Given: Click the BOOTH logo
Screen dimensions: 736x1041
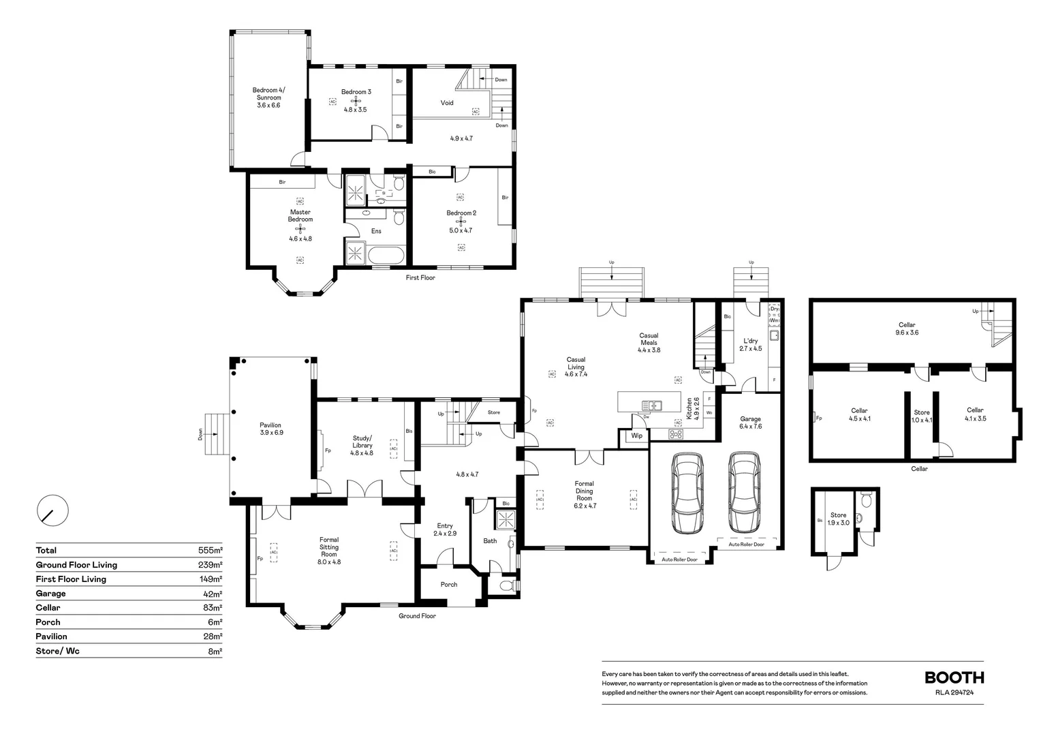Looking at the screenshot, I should pos(954,677).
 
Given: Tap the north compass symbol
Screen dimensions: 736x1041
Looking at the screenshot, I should pos(52,510).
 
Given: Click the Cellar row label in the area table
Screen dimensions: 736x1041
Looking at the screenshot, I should pos(48,608).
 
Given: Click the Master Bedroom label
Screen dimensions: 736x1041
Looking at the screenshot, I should pos(300,215).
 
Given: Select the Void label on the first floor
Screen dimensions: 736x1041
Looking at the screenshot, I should pos(447,103).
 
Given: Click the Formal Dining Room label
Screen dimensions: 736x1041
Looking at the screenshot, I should pos(584,491).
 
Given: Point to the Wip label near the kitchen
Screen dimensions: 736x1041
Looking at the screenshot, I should pos(636,436).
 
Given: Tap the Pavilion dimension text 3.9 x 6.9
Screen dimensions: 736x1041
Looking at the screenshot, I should pos(270,433).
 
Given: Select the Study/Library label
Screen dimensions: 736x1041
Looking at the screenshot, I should pos(362,442).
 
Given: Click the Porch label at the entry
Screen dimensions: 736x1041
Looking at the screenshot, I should pos(449,585).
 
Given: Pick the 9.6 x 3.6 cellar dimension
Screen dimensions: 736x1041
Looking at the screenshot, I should pos(907,333).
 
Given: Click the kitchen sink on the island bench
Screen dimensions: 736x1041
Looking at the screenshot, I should pos(651,405).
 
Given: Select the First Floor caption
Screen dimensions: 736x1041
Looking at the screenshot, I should pos(420,278).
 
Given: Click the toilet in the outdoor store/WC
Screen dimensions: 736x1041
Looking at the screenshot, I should pos(866,502).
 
